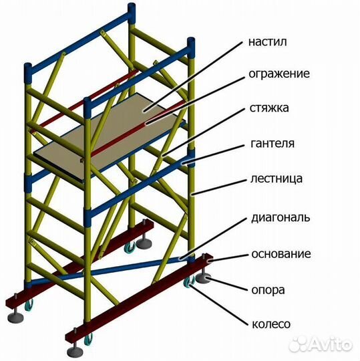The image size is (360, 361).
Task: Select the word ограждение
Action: click(279, 73)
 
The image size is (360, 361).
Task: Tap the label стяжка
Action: click(271, 108)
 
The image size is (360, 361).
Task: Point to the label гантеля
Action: click(273, 143)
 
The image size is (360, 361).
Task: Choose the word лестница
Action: click(277, 178)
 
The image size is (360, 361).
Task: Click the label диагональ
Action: click(280, 217)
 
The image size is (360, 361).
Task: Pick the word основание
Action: click(281, 254)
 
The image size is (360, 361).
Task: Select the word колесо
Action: click(271, 324)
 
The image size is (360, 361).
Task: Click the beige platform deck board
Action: click(114, 130)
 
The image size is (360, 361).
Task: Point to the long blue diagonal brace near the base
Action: click(120, 267)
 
